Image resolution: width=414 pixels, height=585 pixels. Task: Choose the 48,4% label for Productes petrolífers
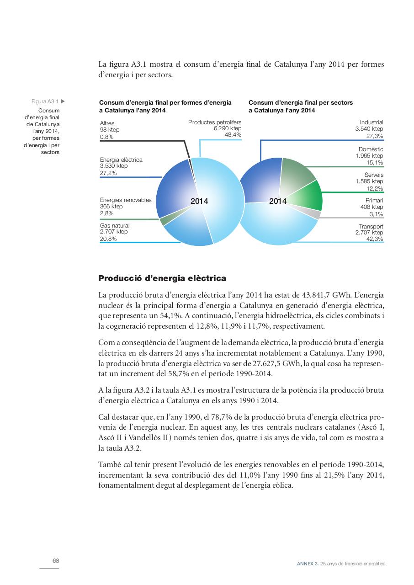[x=233, y=135]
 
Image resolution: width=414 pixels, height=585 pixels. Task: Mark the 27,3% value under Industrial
[x=375, y=136]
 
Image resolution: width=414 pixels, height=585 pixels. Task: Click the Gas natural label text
[x=115, y=226]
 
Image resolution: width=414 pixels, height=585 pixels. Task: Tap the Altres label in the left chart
[x=107, y=123]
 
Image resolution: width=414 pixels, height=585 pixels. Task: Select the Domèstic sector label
[x=371, y=149]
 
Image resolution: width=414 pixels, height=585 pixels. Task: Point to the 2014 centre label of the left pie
[x=199, y=201]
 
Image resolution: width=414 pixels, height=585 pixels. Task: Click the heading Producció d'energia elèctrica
[x=162, y=278]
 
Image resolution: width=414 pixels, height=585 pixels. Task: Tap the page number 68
[x=56, y=561]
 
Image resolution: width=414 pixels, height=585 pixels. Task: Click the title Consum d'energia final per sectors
[x=301, y=103]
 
